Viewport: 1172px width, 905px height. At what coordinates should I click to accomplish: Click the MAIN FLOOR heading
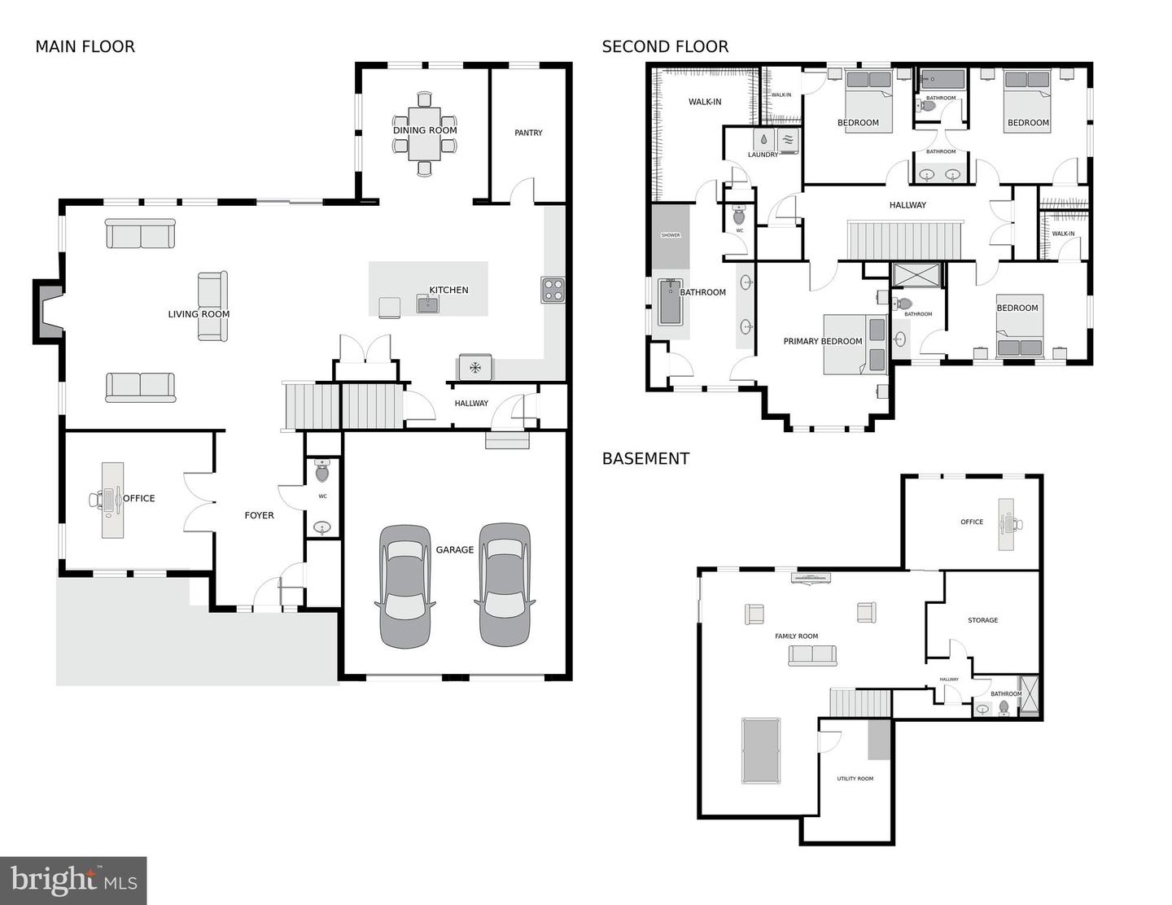[85, 47]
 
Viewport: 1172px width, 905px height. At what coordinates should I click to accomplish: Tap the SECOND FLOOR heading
[665, 47]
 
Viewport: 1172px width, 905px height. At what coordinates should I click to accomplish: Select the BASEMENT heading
[645, 458]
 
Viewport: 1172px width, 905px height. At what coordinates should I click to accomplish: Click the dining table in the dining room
[425, 133]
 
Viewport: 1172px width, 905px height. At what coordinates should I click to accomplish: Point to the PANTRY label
[528, 133]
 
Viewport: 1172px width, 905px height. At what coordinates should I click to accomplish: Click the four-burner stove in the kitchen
[553, 290]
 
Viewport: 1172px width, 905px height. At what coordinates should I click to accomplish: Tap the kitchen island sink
[428, 304]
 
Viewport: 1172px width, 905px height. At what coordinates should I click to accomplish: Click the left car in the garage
[405, 586]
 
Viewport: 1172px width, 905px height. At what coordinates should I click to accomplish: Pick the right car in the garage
[505, 584]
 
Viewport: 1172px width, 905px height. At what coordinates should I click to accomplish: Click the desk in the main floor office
[112, 500]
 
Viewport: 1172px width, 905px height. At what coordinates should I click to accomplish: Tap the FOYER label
[259, 516]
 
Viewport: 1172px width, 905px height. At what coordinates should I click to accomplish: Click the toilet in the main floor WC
[322, 471]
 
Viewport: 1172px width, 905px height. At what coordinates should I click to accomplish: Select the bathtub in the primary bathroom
[671, 302]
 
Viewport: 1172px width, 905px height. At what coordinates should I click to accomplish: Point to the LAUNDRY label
[763, 155]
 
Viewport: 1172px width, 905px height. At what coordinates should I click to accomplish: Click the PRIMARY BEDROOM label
[823, 341]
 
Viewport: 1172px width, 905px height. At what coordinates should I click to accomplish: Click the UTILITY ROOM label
[855, 779]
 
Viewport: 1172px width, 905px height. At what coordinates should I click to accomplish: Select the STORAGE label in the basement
[982, 620]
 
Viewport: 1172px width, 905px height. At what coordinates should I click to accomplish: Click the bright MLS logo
[73, 881]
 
